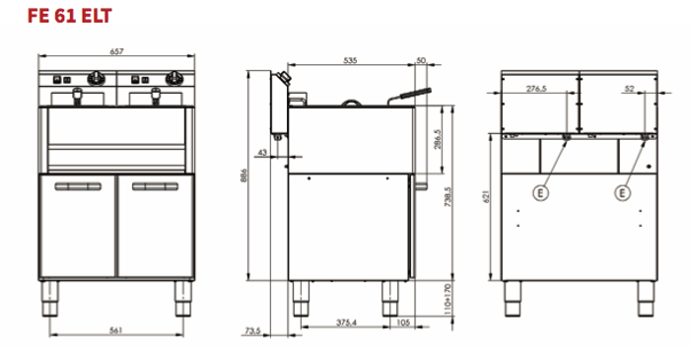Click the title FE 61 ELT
point(70,16)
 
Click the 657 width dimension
point(116,51)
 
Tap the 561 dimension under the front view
point(115,330)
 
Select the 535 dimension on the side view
point(350,60)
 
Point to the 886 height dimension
point(244,176)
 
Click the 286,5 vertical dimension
point(438,139)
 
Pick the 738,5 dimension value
point(448,196)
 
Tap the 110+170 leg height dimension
point(448,299)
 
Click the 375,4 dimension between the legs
point(346,323)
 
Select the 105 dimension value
point(403,323)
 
